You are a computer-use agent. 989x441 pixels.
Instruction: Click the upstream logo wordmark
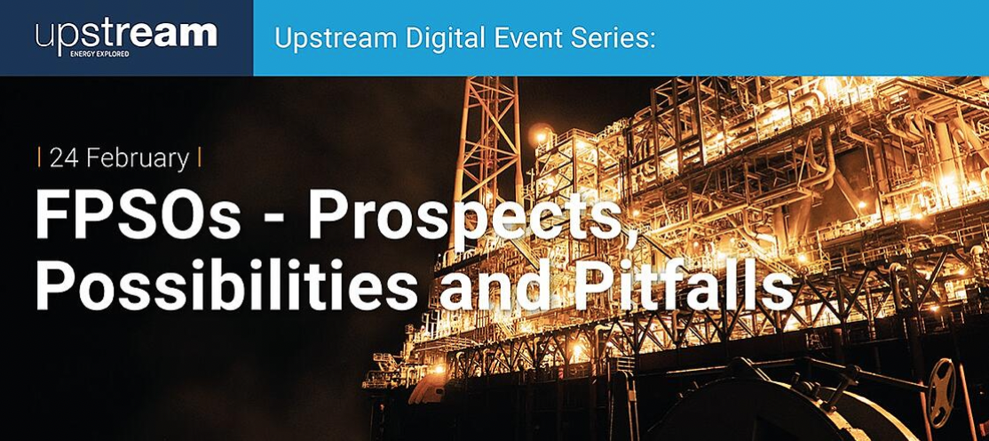tap(126, 36)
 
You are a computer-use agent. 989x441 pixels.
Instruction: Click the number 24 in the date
tap(64, 158)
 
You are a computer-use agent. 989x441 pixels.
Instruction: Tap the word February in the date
tap(138, 159)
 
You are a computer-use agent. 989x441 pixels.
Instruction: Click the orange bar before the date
tap(40, 157)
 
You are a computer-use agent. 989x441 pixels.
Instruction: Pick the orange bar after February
tap(200, 157)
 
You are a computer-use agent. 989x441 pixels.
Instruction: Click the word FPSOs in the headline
tap(138, 215)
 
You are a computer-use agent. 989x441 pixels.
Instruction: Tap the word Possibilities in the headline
tap(226, 283)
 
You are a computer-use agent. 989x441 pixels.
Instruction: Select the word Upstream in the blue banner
tap(336, 40)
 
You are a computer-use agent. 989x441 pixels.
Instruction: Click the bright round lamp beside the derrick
tap(541, 134)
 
